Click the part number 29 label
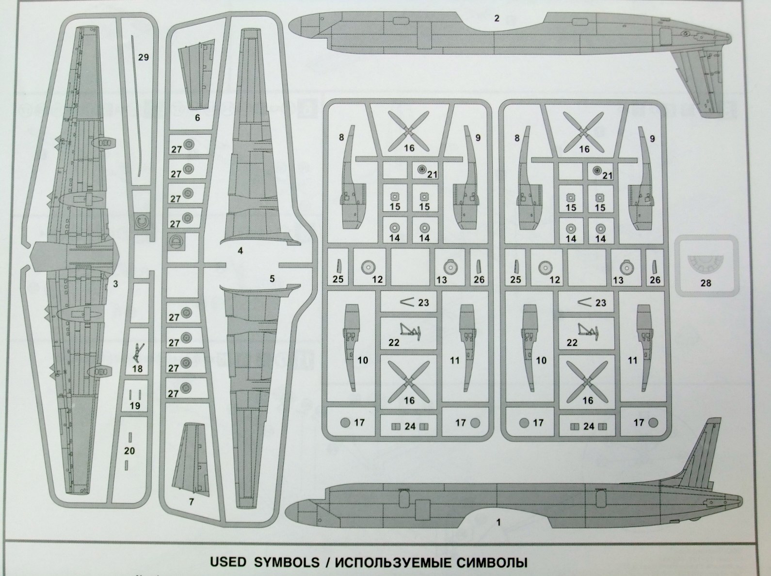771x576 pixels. click(143, 57)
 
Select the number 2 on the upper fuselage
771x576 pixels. click(497, 18)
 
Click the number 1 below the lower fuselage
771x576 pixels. click(498, 523)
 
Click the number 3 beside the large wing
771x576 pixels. click(115, 284)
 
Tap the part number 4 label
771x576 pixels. click(240, 251)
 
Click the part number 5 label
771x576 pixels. click(272, 278)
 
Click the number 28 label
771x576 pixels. click(706, 282)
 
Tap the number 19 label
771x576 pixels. click(135, 405)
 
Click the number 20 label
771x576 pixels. click(129, 450)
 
